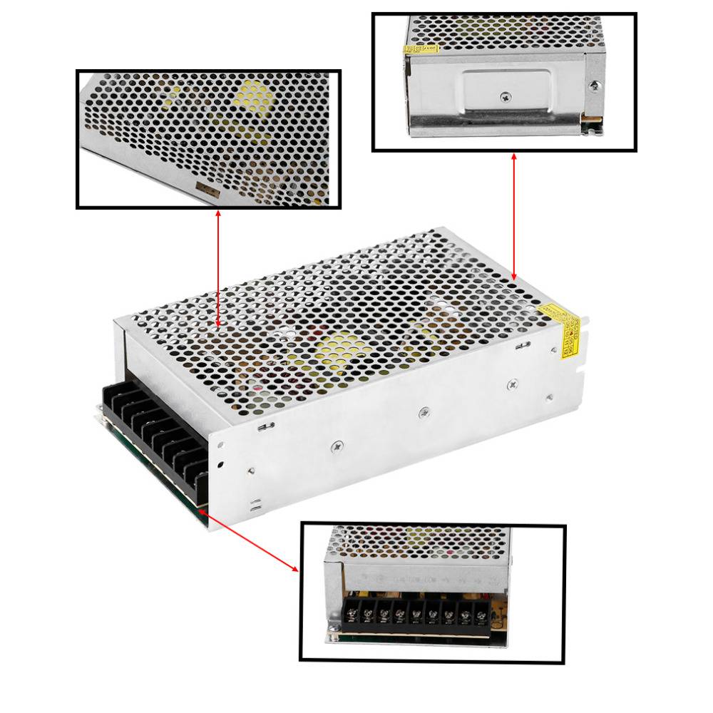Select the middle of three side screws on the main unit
425,412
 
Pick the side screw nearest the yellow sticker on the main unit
512,385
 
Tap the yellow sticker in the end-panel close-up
421,49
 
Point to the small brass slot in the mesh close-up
207,189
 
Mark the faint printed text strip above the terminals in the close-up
421,579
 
